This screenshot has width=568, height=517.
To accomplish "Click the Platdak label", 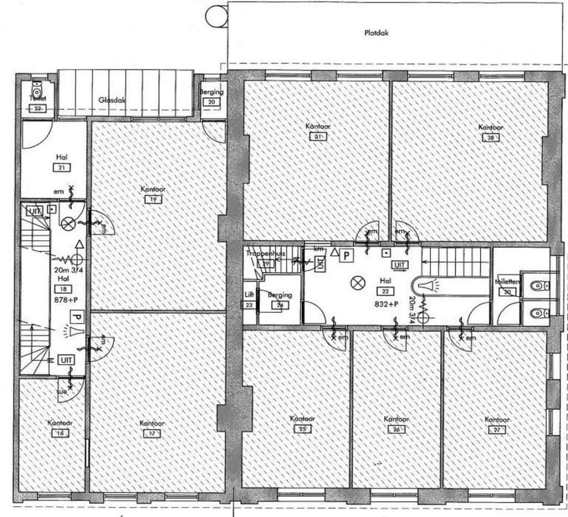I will [x=377, y=33].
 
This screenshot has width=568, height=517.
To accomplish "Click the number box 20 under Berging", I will [x=211, y=102].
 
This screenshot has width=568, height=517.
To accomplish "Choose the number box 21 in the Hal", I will [x=62, y=168].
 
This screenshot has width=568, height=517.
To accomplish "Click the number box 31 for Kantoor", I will [x=318, y=137].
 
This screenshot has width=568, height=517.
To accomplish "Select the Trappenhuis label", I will [x=265, y=254].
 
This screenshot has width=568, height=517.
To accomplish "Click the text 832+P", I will [x=386, y=304].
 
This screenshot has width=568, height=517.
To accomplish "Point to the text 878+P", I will [x=65, y=299].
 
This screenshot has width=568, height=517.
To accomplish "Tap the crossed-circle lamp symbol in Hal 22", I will [x=357, y=283].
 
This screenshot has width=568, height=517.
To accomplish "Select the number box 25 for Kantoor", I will [x=302, y=429].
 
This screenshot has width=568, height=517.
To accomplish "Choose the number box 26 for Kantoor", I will [x=396, y=429].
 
